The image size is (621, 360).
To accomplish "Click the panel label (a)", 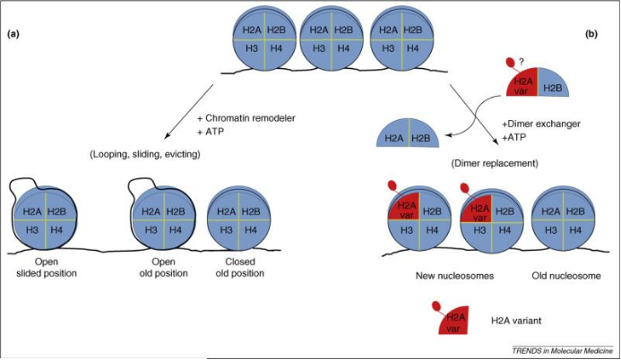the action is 13,34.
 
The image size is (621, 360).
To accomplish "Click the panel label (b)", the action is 591,34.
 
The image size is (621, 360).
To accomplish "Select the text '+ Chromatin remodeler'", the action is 246,118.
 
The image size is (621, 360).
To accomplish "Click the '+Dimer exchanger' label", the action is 541,124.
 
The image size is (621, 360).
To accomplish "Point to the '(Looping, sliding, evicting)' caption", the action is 145,154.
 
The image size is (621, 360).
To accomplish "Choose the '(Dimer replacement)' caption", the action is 495,163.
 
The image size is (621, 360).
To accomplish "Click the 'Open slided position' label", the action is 47,268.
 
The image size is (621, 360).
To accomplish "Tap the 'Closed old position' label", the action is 240,268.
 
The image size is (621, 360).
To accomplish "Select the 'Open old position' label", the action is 164,268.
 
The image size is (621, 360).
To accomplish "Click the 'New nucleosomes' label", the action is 454,276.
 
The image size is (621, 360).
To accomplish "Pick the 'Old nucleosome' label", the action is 566,276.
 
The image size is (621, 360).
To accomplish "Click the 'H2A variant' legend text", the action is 515,321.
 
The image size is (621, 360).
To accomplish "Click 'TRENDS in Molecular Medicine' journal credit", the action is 563,350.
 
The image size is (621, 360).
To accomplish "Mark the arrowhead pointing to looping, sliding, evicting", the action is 168,136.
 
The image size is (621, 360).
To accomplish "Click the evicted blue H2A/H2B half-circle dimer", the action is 408,134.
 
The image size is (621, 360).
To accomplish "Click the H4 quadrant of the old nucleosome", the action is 575,230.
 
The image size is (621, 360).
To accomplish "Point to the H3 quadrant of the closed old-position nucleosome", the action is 227,230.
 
